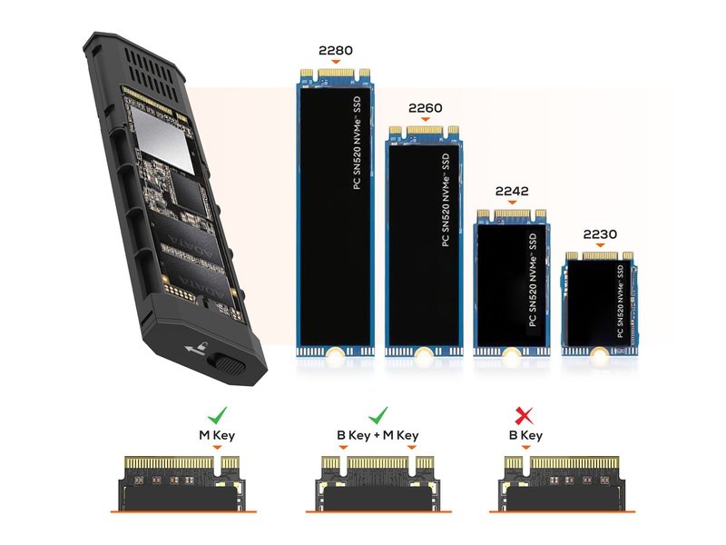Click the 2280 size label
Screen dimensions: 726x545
(335, 50)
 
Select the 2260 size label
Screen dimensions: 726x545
(425, 108)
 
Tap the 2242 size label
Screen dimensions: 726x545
(512, 191)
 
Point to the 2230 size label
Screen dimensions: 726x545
(600, 234)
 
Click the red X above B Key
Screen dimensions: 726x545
(524, 416)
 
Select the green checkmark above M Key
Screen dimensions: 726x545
(217, 415)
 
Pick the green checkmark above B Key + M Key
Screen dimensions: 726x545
(378, 415)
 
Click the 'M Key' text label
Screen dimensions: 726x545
(217, 435)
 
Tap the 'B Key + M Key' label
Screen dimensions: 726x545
(378, 435)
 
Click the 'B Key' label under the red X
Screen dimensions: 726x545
(525, 435)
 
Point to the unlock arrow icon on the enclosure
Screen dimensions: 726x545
(197, 348)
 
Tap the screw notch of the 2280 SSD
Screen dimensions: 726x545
(335, 353)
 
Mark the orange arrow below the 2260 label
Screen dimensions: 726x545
(425, 120)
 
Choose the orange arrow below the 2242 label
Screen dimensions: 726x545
(512, 203)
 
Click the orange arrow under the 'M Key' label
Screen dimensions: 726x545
(217, 448)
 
